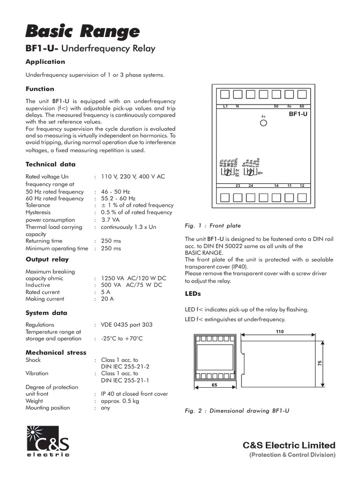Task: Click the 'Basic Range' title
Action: pos(82,31)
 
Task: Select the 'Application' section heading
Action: pos(45,61)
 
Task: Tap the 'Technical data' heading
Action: pos(50,164)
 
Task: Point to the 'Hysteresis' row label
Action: pos(39,212)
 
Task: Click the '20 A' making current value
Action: pos(108,299)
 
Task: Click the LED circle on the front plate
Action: pos(263,123)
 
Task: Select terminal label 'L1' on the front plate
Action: pos(225,106)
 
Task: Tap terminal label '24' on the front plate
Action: pos(251,186)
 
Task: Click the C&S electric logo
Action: pos(47,441)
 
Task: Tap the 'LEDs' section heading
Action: pos(193,293)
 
